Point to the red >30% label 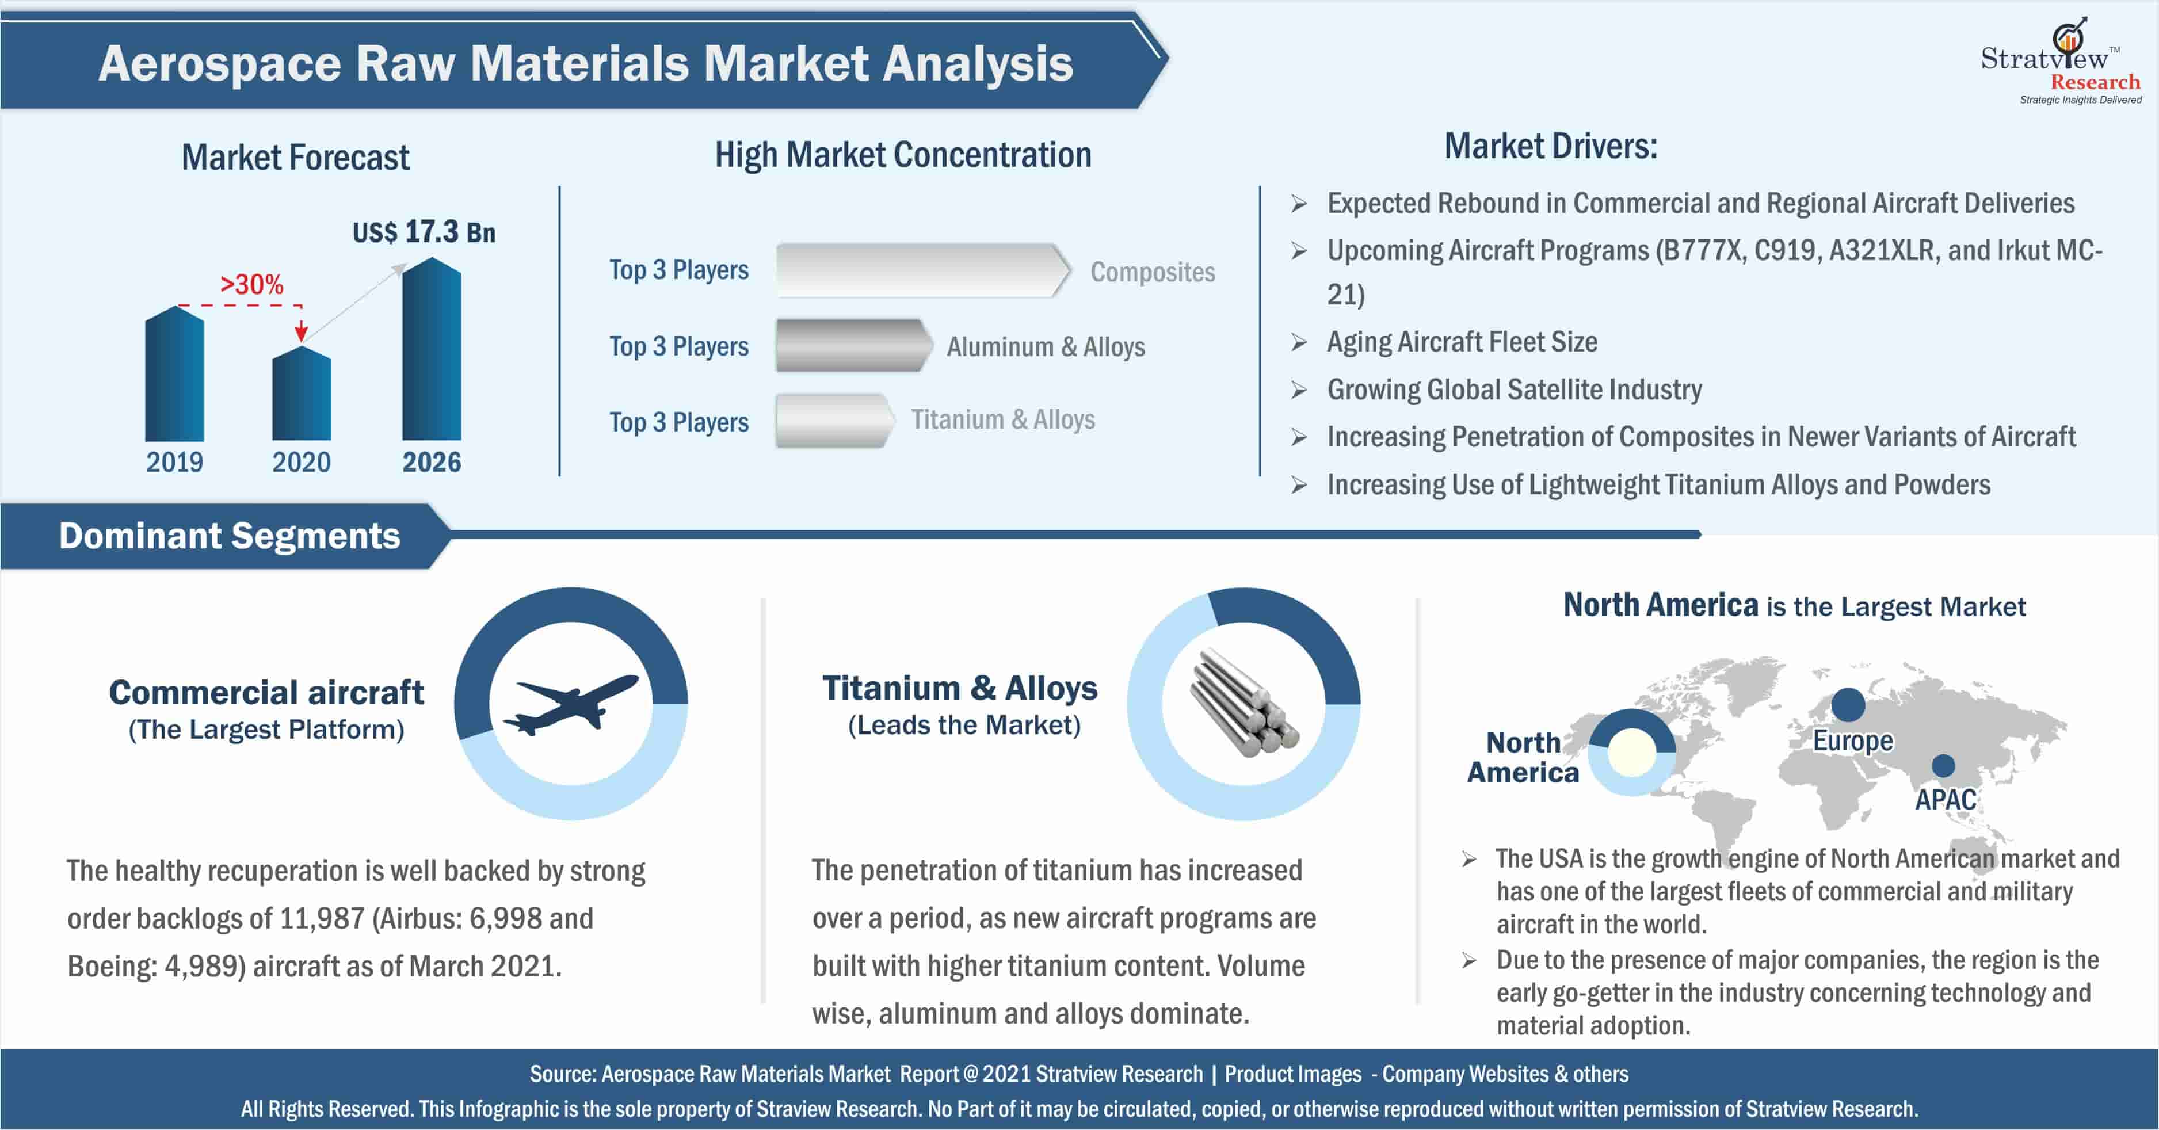[x=251, y=284]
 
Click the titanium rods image [x=1243, y=703]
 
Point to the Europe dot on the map [x=1848, y=705]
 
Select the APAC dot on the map [x=1944, y=765]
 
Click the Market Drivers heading [x=1551, y=147]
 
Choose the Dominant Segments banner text [x=230, y=536]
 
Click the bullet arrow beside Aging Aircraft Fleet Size [x=1299, y=342]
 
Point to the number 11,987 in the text [x=322, y=919]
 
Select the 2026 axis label [x=432, y=462]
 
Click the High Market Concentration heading [x=903, y=156]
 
